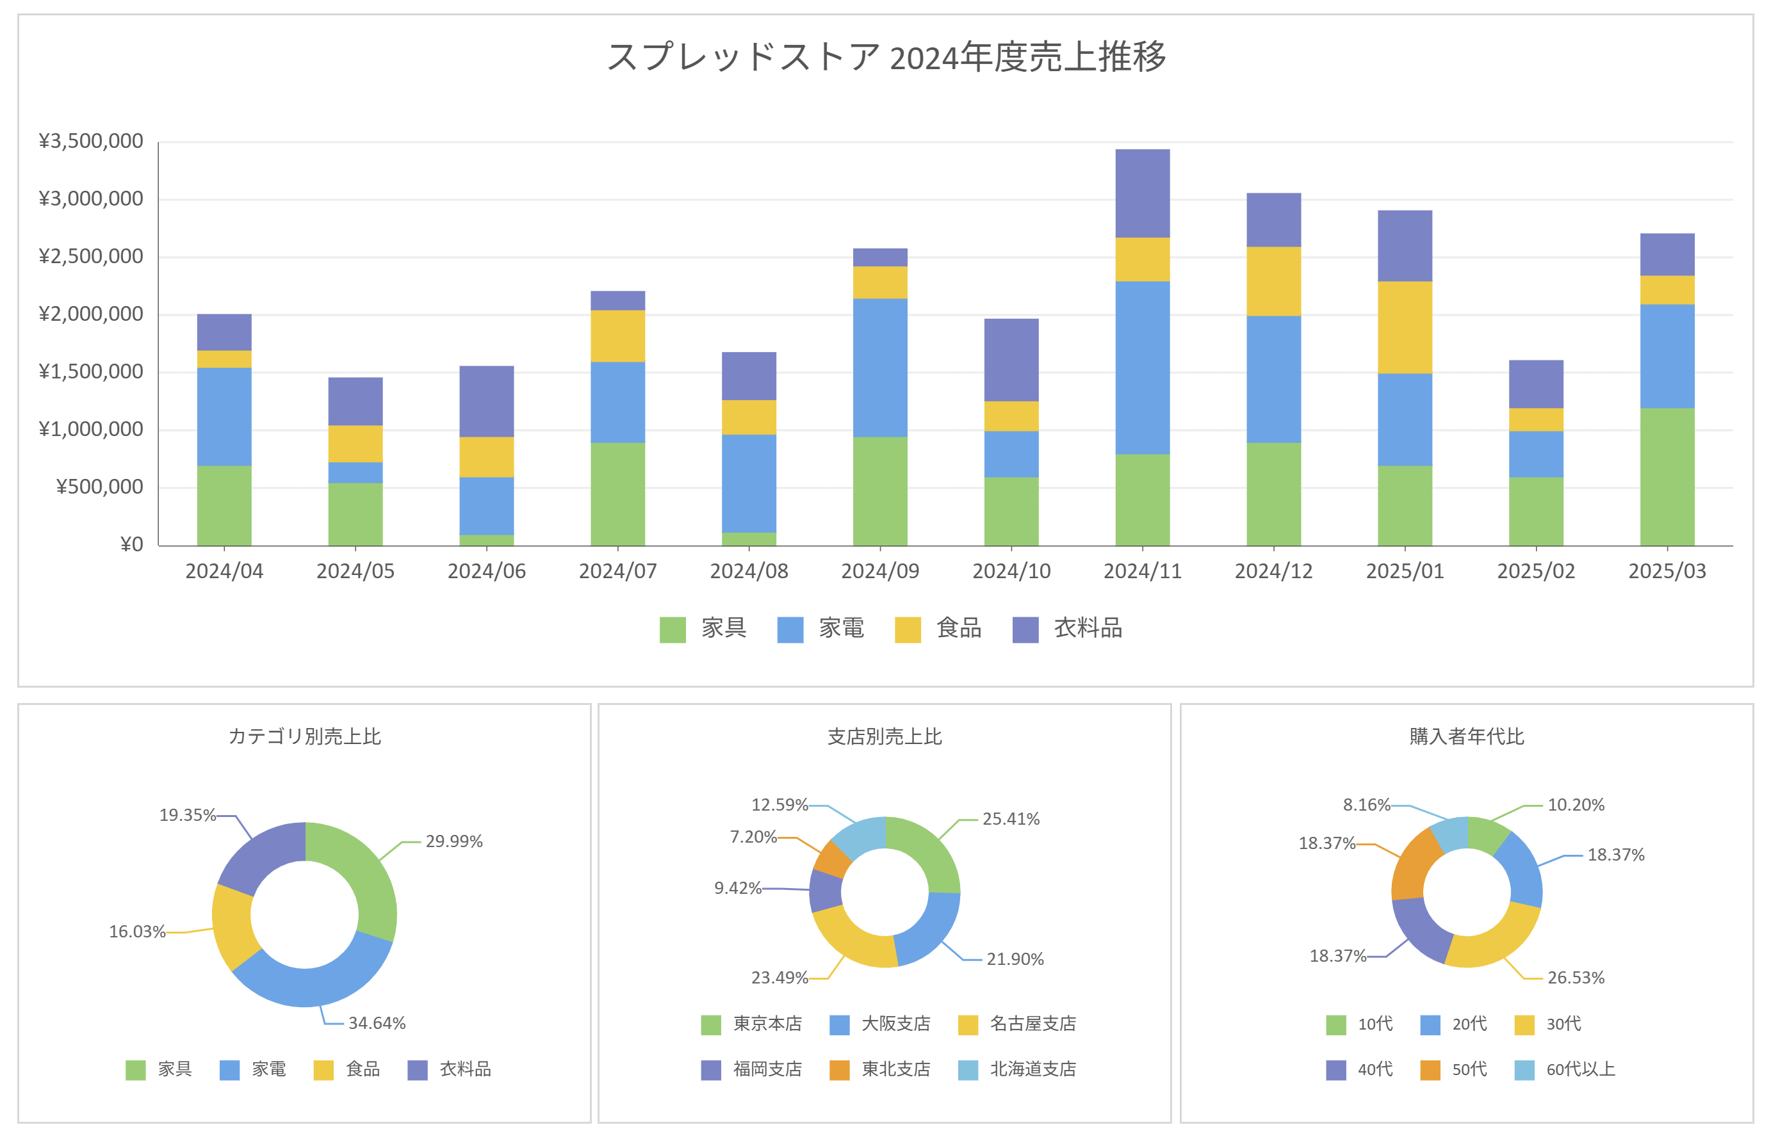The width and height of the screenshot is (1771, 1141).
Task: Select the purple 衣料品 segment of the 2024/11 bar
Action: [x=1142, y=193]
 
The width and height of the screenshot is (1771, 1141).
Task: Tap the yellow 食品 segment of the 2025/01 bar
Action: [x=1404, y=327]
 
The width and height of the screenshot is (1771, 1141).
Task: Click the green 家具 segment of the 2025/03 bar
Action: [x=1667, y=476]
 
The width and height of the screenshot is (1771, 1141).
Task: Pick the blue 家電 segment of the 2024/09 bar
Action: [x=879, y=368]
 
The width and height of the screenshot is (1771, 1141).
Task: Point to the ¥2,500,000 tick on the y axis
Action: [x=90, y=256]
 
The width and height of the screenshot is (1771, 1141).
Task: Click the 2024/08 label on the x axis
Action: [x=748, y=571]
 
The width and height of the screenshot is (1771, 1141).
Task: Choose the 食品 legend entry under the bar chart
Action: [x=939, y=628]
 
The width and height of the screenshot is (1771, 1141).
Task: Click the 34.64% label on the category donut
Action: [x=377, y=1023]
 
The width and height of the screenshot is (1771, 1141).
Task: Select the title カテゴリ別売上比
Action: [x=304, y=736]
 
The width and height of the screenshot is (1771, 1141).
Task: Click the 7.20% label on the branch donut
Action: [x=753, y=838]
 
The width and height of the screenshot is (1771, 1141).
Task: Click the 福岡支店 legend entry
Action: [x=753, y=1069]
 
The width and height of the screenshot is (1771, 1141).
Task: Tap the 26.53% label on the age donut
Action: [x=1576, y=978]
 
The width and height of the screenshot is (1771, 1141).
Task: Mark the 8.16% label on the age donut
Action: [x=1366, y=805]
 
